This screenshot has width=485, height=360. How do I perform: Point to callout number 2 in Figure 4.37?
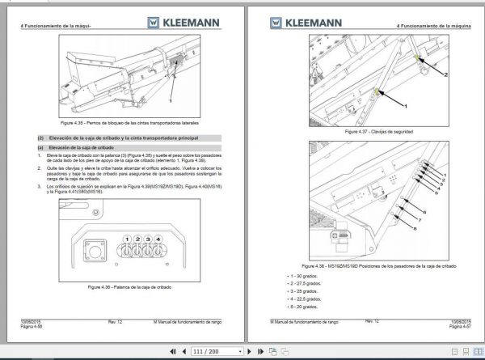444,74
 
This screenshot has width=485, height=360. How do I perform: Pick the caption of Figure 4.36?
133,287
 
